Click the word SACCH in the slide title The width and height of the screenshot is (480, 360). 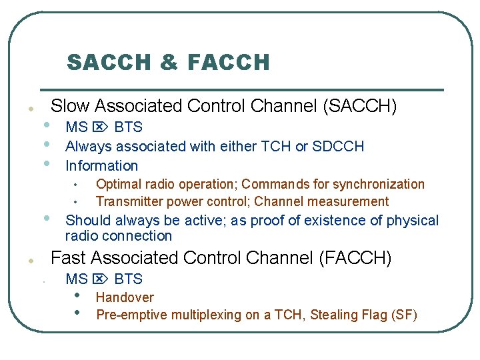(x=107, y=63)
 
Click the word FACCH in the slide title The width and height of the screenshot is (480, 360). (x=229, y=63)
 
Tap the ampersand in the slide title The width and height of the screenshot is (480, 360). (x=169, y=63)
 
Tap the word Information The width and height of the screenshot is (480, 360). (x=101, y=166)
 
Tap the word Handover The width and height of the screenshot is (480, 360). (x=125, y=297)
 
